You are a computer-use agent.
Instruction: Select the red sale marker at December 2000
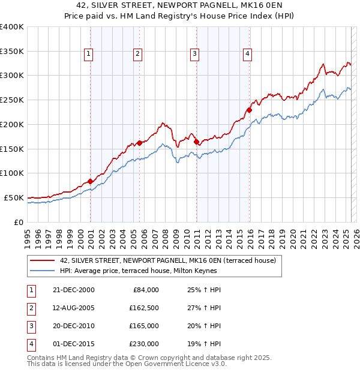[90, 181]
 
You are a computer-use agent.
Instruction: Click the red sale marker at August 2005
[139, 143]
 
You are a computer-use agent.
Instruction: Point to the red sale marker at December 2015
[250, 110]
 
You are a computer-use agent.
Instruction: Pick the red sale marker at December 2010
[197, 142]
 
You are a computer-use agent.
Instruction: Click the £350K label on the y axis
[11, 51]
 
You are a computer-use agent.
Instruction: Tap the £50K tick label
[14, 197]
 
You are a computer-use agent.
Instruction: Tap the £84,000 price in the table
[145, 290]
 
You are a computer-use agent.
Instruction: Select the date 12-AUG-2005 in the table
[73, 308]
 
